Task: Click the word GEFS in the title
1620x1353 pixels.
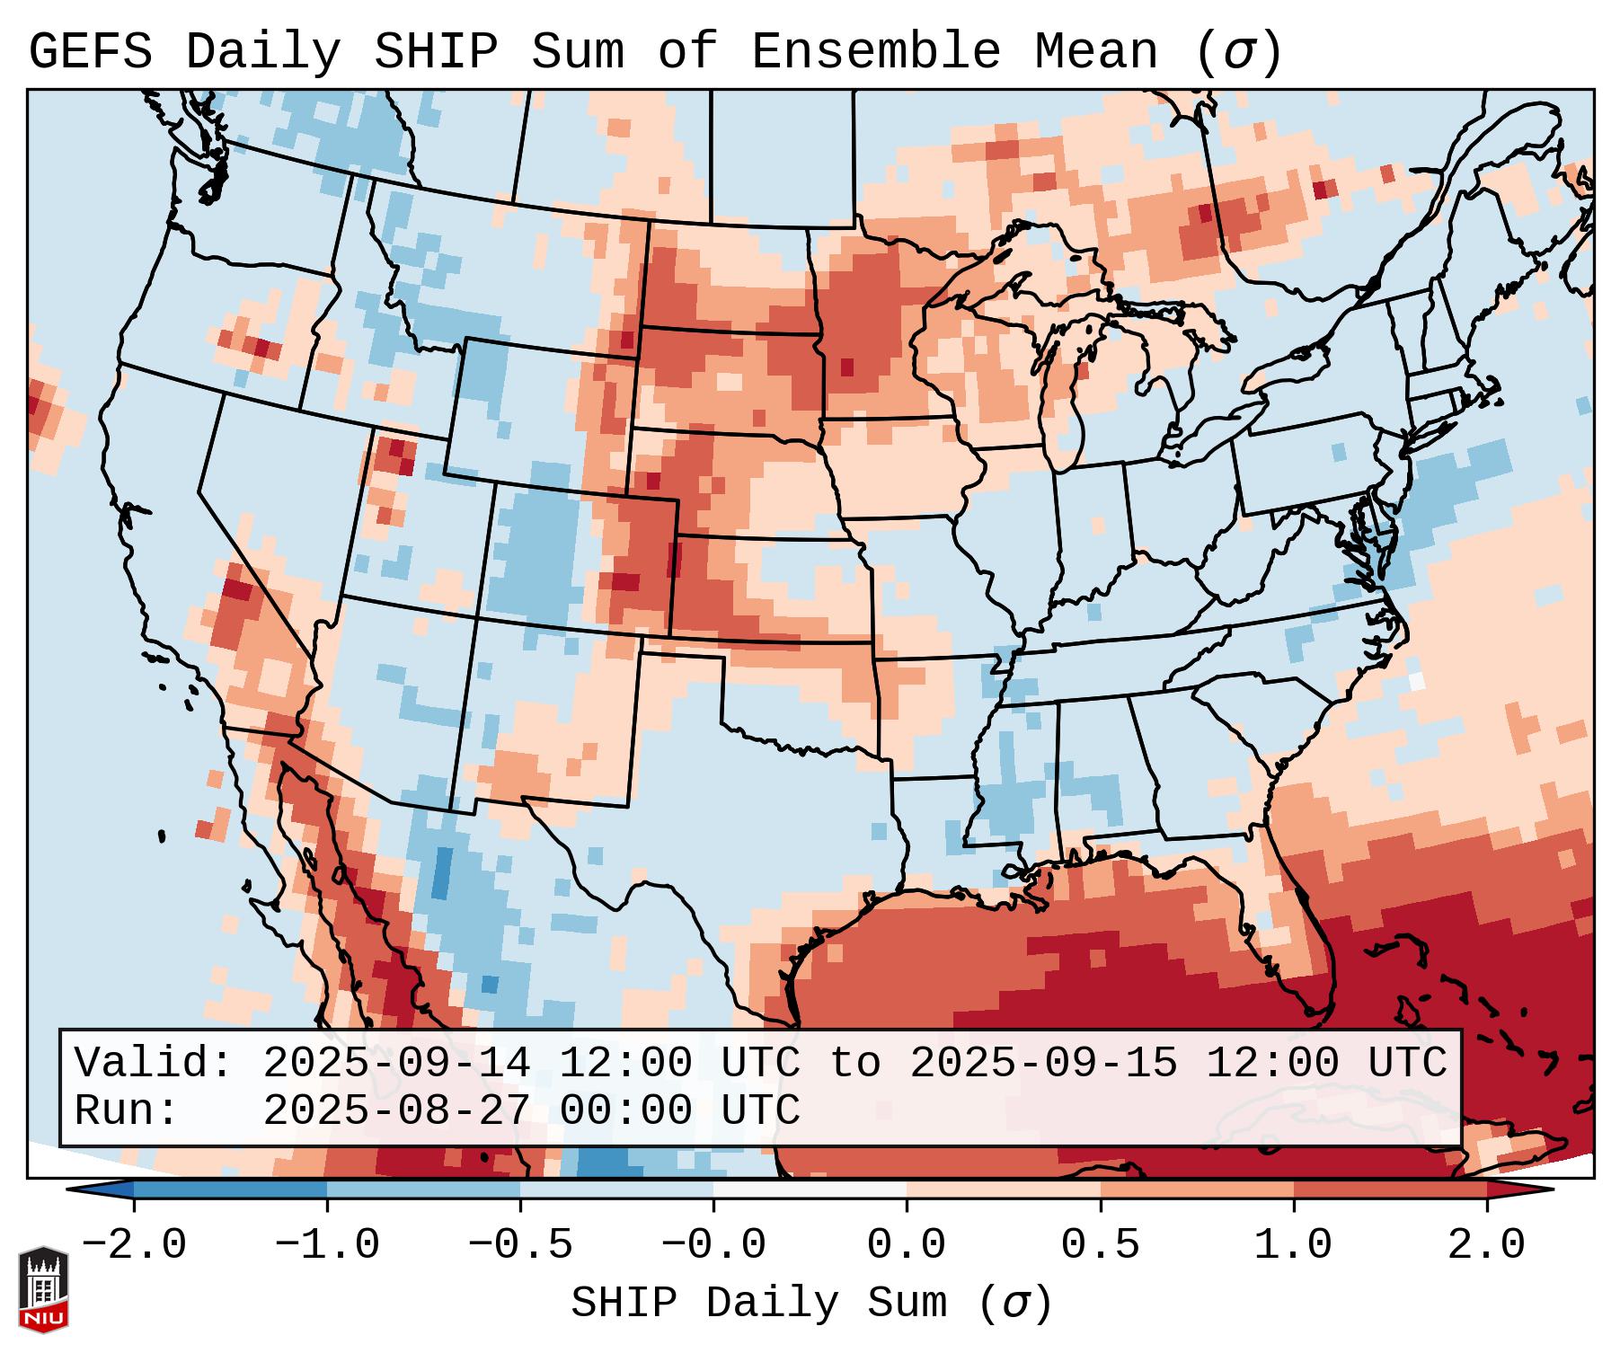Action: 90,52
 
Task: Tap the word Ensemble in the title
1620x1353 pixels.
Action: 875,52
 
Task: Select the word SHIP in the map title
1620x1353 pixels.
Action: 435,52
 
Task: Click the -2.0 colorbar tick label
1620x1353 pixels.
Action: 134,1245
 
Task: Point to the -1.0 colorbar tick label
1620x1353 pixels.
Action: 327,1245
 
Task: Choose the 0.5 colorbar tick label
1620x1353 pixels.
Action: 1101,1245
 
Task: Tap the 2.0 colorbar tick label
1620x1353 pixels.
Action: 1487,1245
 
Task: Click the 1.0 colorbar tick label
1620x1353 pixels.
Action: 1294,1245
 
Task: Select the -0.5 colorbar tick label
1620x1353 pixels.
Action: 520,1245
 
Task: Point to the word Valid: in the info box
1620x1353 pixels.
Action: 154,1063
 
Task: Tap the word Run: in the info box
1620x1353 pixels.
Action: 127,1110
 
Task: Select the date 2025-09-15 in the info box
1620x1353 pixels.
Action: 1043,1063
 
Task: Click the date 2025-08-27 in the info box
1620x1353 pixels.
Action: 396,1110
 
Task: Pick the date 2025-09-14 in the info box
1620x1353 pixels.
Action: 396,1063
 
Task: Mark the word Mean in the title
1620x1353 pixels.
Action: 1096,52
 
